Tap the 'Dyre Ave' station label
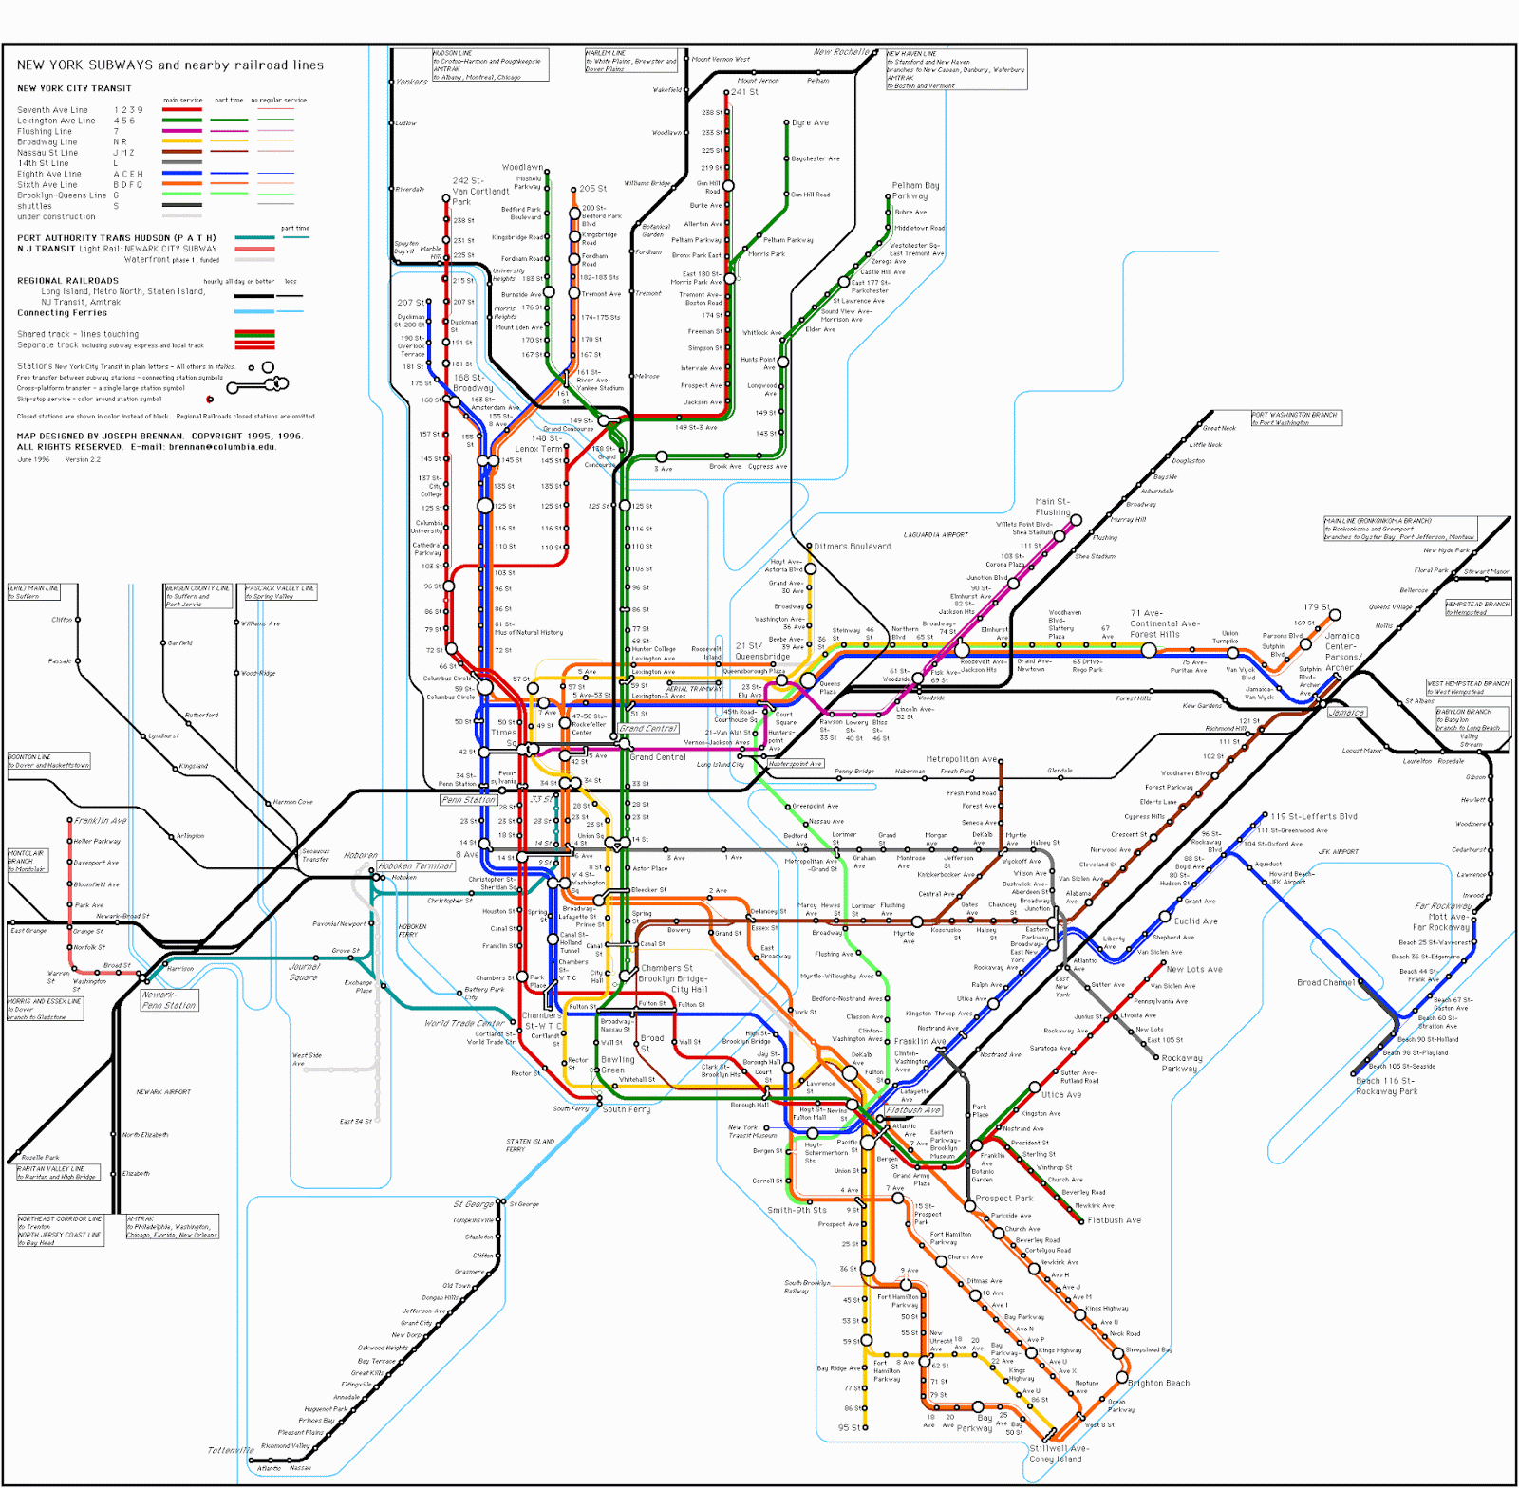(x=810, y=122)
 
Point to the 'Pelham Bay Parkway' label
(x=915, y=191)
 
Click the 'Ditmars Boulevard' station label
(x=852, y=547)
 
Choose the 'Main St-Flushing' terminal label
(x=1052, y=507)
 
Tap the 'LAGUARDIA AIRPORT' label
(x=935, y=535)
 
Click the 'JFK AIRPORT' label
(x=1338, y=852)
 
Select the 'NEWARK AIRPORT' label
(x=163, y=1092)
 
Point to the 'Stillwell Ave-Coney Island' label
(x=1059, y=1454)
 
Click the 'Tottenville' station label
(x=231, y=1450)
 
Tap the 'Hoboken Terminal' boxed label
(x=416, y=866)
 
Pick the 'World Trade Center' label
(x=464, y=1024)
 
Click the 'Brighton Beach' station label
(x=1158, y=1383)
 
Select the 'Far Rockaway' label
(x=1442, y=906)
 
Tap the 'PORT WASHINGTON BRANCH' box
(x=1296, y=418)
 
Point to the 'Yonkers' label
(x=411, y=83)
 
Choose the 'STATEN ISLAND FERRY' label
(x=530, y=1145)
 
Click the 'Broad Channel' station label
(x=1325, y=983)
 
